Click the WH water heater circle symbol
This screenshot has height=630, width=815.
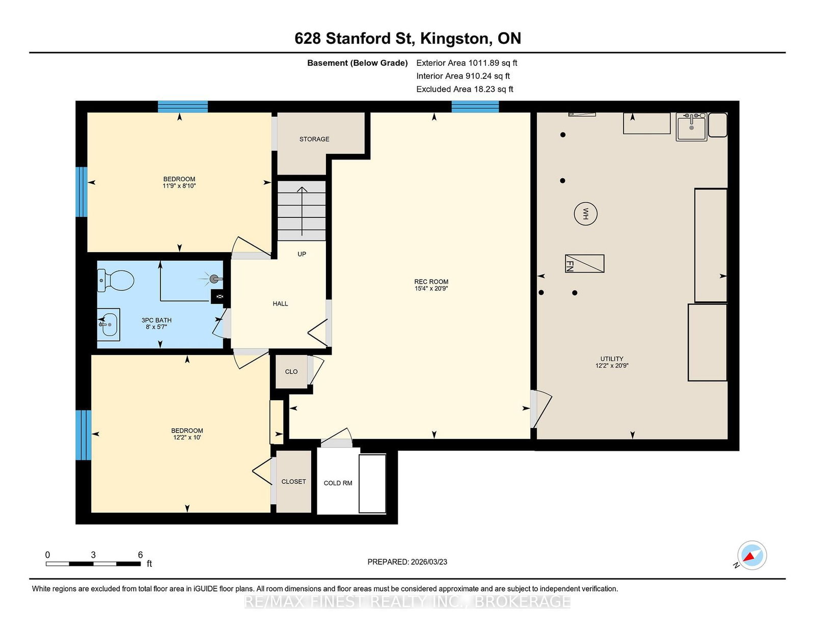[585, 214]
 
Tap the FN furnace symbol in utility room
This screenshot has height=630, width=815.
[584, 263]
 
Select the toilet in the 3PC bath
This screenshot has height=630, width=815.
[116, 281]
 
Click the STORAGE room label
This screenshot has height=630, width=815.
[314, 139]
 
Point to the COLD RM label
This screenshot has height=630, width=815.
[338, 483]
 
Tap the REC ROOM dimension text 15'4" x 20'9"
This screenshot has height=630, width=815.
[431, 288]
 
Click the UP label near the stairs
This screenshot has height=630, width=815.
[302, 254]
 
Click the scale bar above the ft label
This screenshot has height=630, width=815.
[93, 564]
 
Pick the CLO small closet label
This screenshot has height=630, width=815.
[291, 372]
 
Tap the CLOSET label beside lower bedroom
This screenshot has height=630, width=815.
[294, 481]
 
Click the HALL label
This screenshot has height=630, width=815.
[280, 304]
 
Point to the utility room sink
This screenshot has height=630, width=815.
[691, 127]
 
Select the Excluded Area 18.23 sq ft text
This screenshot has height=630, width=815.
[465, 89]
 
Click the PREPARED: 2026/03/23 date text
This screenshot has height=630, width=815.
[407, 562]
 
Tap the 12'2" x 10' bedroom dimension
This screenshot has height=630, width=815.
[187, 437]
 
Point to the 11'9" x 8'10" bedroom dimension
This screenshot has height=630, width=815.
[179, 185]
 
